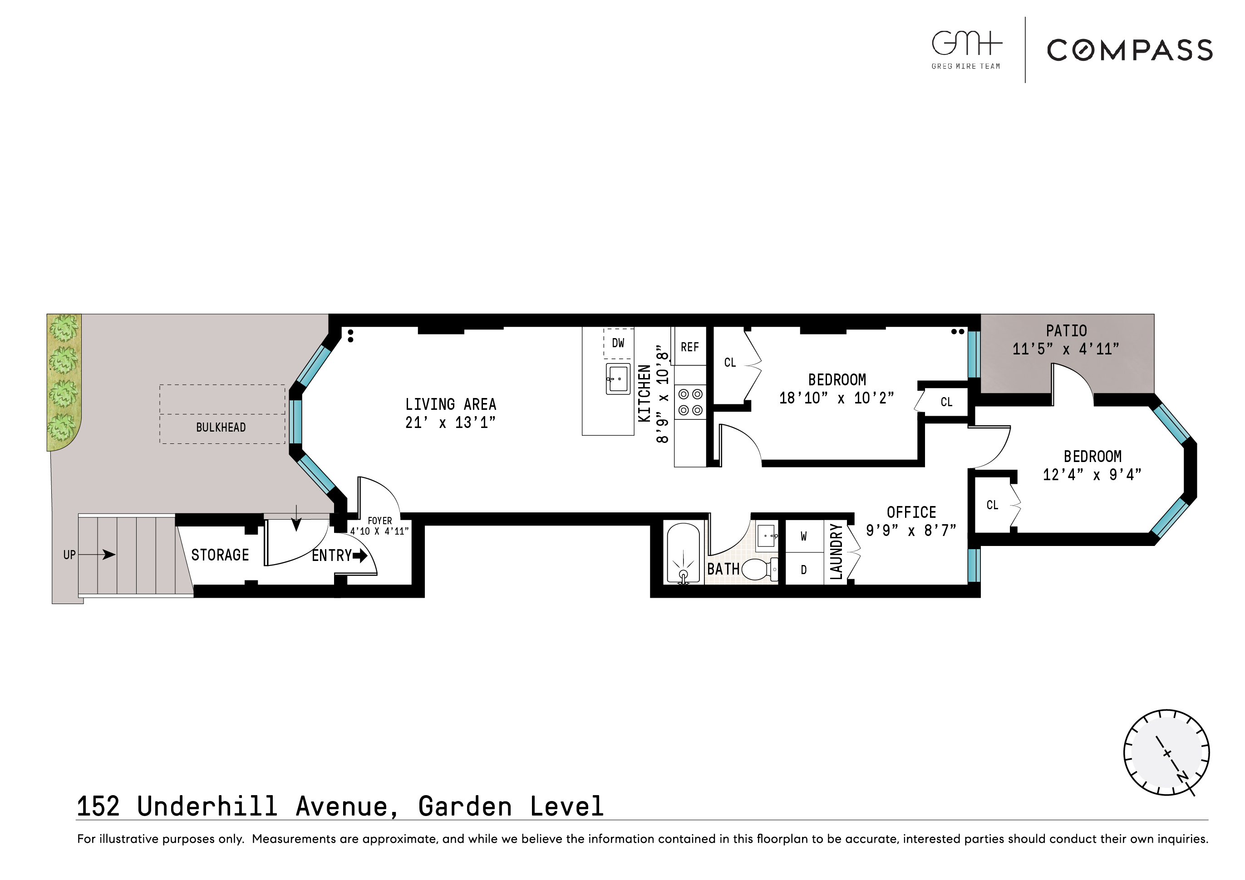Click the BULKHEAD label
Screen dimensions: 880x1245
point(221,427)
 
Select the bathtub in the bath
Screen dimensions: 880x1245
point(683,553)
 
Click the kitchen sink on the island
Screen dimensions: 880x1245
point(618,379)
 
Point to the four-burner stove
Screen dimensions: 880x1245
point(690,402)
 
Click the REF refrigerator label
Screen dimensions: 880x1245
point(690,347)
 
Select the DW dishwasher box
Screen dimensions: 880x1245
point(618,343)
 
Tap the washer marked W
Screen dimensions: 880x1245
point(804,536)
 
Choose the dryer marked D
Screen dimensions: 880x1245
point(804,569)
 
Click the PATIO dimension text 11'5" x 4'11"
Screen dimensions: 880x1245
point(1066,349)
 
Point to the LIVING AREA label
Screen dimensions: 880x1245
point(451,404)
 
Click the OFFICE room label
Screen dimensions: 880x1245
point(911,512)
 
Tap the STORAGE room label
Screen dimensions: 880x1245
point(220,555)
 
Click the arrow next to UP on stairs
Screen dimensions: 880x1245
point(101,554)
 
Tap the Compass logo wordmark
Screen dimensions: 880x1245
point(1130,50)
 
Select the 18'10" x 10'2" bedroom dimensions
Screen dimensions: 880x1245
point(836,398)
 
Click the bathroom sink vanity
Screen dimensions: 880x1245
point(766,536)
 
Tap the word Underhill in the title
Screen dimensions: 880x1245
point(207,806)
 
